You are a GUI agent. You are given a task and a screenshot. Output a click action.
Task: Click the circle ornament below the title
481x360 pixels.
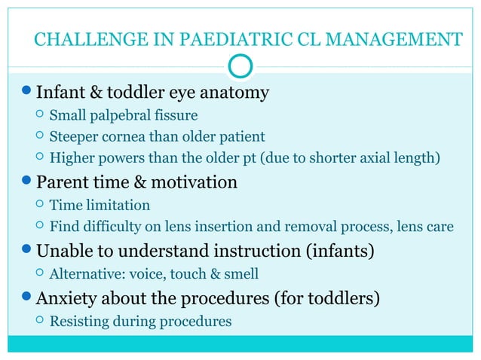pyautogui.click(x=240, y=67)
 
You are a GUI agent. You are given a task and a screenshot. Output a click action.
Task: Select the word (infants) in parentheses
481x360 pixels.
pyautogui.click(x=340, y=249)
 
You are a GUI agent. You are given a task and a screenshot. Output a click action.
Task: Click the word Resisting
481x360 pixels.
pyautogui.click(x=80, y=322)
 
